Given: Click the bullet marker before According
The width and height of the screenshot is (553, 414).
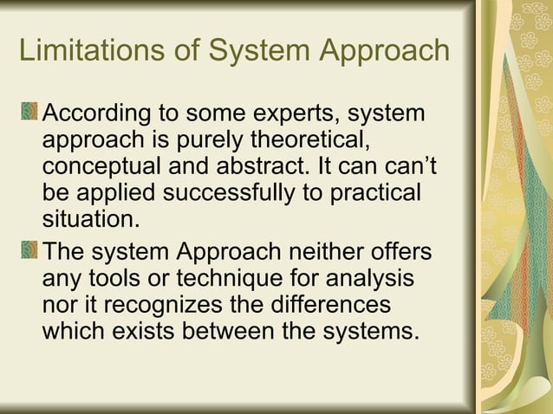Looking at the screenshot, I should pyautogui.click(x=29, y=113).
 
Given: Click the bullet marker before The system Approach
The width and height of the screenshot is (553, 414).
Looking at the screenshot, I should pyautogui.click(x=29, y=253).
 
